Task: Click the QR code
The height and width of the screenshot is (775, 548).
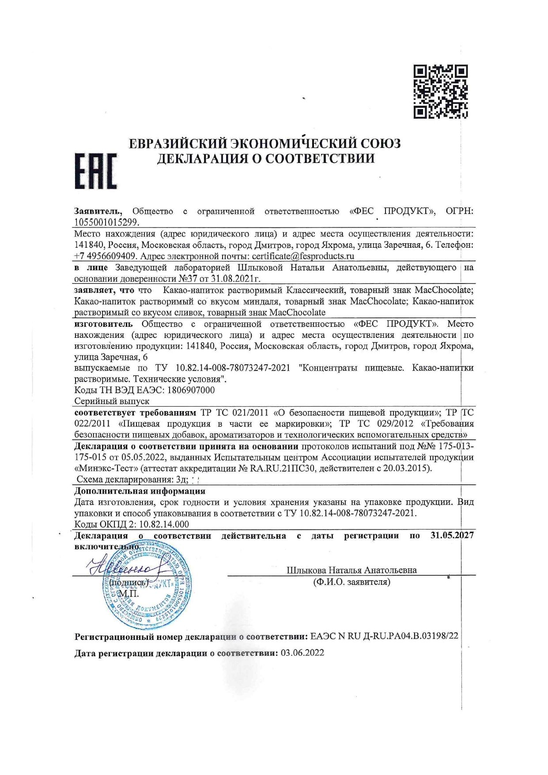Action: point(440,91)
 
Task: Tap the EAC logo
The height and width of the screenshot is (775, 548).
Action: point(95,171)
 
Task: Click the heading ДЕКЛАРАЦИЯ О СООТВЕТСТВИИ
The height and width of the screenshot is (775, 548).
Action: point(266,159)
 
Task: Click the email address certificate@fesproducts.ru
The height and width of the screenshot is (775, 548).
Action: point(303,256)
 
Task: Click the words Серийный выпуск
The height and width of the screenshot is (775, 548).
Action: point(112,401)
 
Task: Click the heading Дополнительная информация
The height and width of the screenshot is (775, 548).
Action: point(140,491)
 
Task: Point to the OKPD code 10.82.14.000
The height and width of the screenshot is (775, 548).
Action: point(164,524)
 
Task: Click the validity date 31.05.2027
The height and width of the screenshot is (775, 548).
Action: point(452,535)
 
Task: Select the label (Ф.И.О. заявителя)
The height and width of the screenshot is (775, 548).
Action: point(351,582)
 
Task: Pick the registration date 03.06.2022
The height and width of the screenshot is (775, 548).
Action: point(302,653)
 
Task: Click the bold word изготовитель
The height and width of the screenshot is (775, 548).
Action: point(103,324)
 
